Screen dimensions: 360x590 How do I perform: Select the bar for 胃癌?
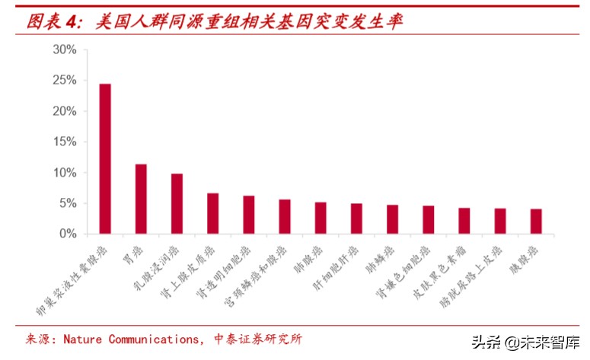141,199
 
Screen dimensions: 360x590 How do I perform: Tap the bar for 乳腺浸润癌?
177,203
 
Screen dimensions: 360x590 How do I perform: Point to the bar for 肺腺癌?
321,218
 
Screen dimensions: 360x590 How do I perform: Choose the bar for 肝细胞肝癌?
356,218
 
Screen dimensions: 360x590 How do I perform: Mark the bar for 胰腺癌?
536,221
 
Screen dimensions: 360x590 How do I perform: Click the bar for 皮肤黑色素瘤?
464,221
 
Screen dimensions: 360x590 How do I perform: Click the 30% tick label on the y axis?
64,49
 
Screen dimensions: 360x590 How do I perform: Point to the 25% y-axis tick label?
64,80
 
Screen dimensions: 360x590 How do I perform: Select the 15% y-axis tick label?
64,142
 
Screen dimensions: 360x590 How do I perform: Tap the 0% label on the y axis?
67,234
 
